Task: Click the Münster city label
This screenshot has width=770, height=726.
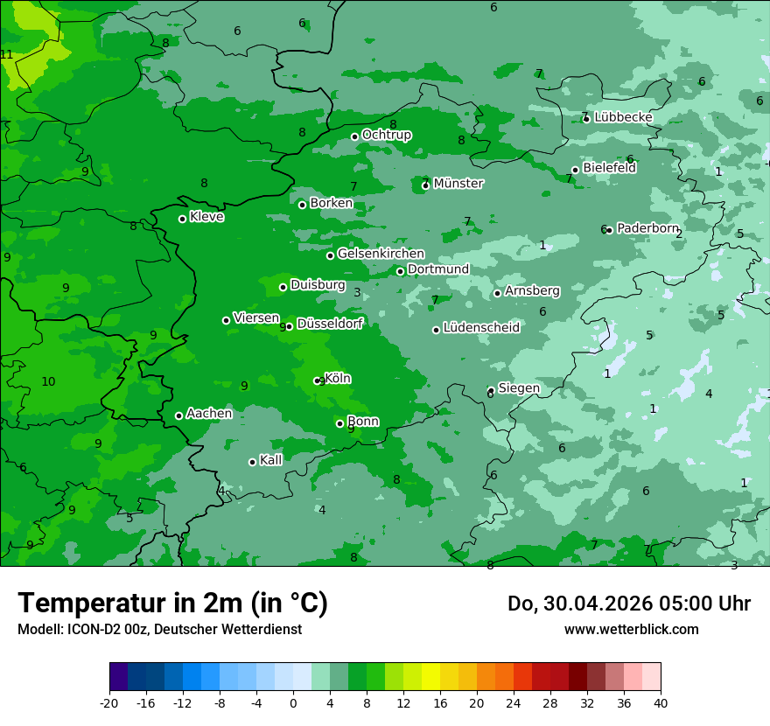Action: (x=458, y=184)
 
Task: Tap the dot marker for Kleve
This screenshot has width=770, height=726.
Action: (x=182, y=219)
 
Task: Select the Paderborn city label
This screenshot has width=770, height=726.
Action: (x=647, y=228)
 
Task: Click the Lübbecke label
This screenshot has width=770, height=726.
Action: (x=623, y=117)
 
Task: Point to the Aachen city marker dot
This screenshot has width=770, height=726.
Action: (x=178, y=415)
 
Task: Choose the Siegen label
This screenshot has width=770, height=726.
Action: (x=519, y=388)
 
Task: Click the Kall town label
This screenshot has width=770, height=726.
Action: (x=271, y=460)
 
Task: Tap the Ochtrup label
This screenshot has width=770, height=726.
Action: (x=386, y=135)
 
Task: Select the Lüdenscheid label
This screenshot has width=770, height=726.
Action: (x=481, y=328)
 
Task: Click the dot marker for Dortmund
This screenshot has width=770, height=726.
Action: (x=400, y=271)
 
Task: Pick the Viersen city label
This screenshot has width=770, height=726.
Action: (x=256, y=318)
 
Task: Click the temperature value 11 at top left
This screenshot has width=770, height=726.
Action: (x=7, y=54)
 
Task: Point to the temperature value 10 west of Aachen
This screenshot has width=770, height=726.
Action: (x=48, y=381)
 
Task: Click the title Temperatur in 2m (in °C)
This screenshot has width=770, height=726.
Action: (x=172, y=604)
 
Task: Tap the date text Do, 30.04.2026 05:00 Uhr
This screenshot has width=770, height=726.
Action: (x=628, y=604)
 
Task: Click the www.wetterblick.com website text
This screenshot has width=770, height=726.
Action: (x=631, y=629)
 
